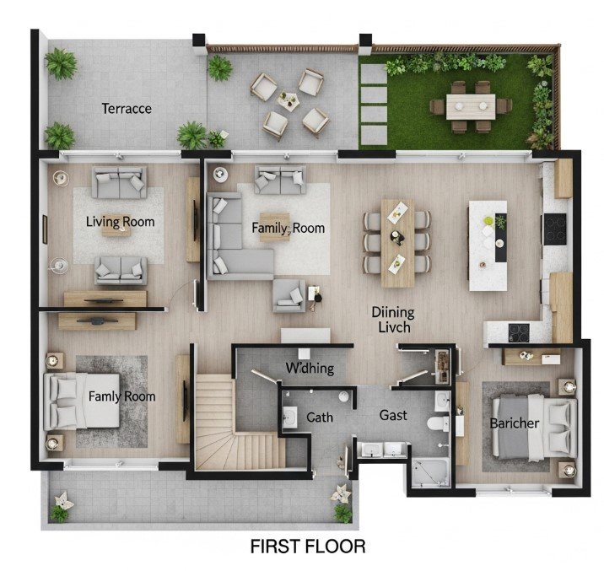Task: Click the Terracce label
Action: click(127, 109)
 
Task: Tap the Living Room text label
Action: click(121, 222)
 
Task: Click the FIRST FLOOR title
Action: click(308, 547)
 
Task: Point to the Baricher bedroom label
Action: click(514, 423)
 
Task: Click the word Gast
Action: click(393, 415)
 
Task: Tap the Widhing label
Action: click(310, 368)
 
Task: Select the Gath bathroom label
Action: click(319, 417)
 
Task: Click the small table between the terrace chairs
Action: click(289, 103)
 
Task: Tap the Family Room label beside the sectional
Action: click(288, 228)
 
